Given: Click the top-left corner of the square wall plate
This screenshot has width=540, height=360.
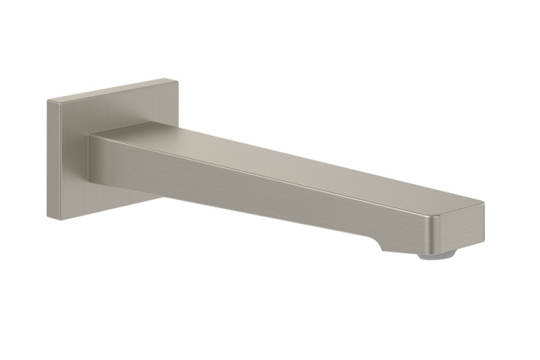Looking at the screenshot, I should pyautogui.click(x=48, y=101).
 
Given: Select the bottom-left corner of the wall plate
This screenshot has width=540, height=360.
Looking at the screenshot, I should pyautogui.click(x=49, y=216).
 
